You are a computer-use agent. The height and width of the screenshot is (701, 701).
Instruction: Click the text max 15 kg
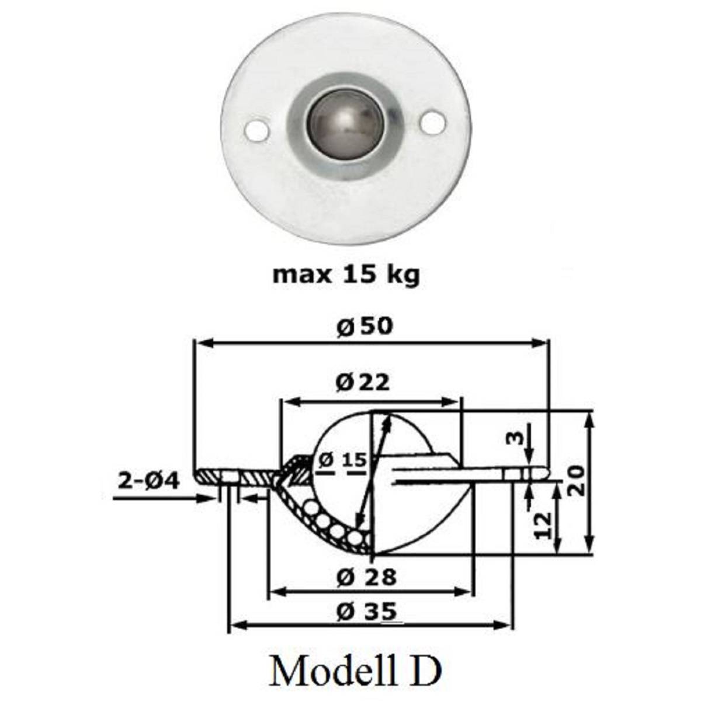click(x=346, y=274)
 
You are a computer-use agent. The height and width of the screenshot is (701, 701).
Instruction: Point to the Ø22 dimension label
click(x=363, y=382)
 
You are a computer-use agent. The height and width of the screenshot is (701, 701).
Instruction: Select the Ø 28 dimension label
click(x=367, y=577)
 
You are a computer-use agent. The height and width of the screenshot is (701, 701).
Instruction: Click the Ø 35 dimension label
click(x=367, y=612)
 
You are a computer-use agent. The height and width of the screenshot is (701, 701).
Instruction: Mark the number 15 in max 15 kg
click(x=357, y=274)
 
